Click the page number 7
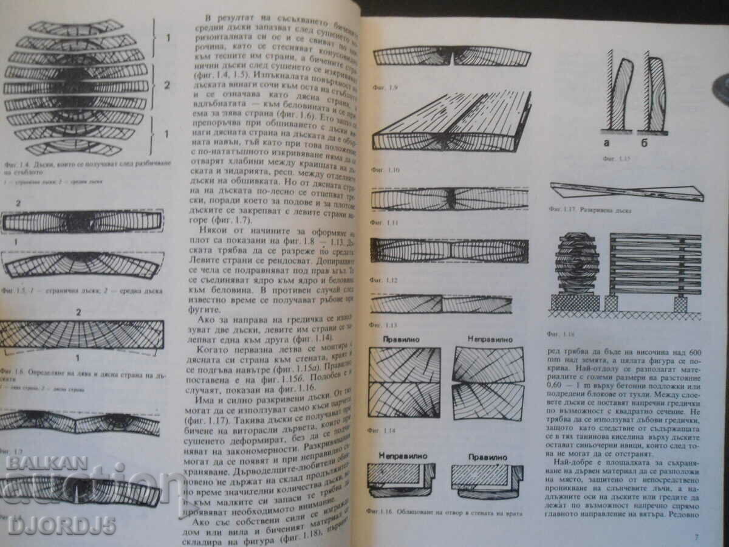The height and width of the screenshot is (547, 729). coord(696,537)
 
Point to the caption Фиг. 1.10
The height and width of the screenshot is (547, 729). coord(385,170)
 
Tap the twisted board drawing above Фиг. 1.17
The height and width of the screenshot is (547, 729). coord(626,192)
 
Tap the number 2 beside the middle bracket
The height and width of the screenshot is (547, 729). coord(167,84)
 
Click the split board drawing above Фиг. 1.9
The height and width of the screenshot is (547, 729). coord(452,57)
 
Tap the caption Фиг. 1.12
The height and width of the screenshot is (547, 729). coord(384,281)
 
